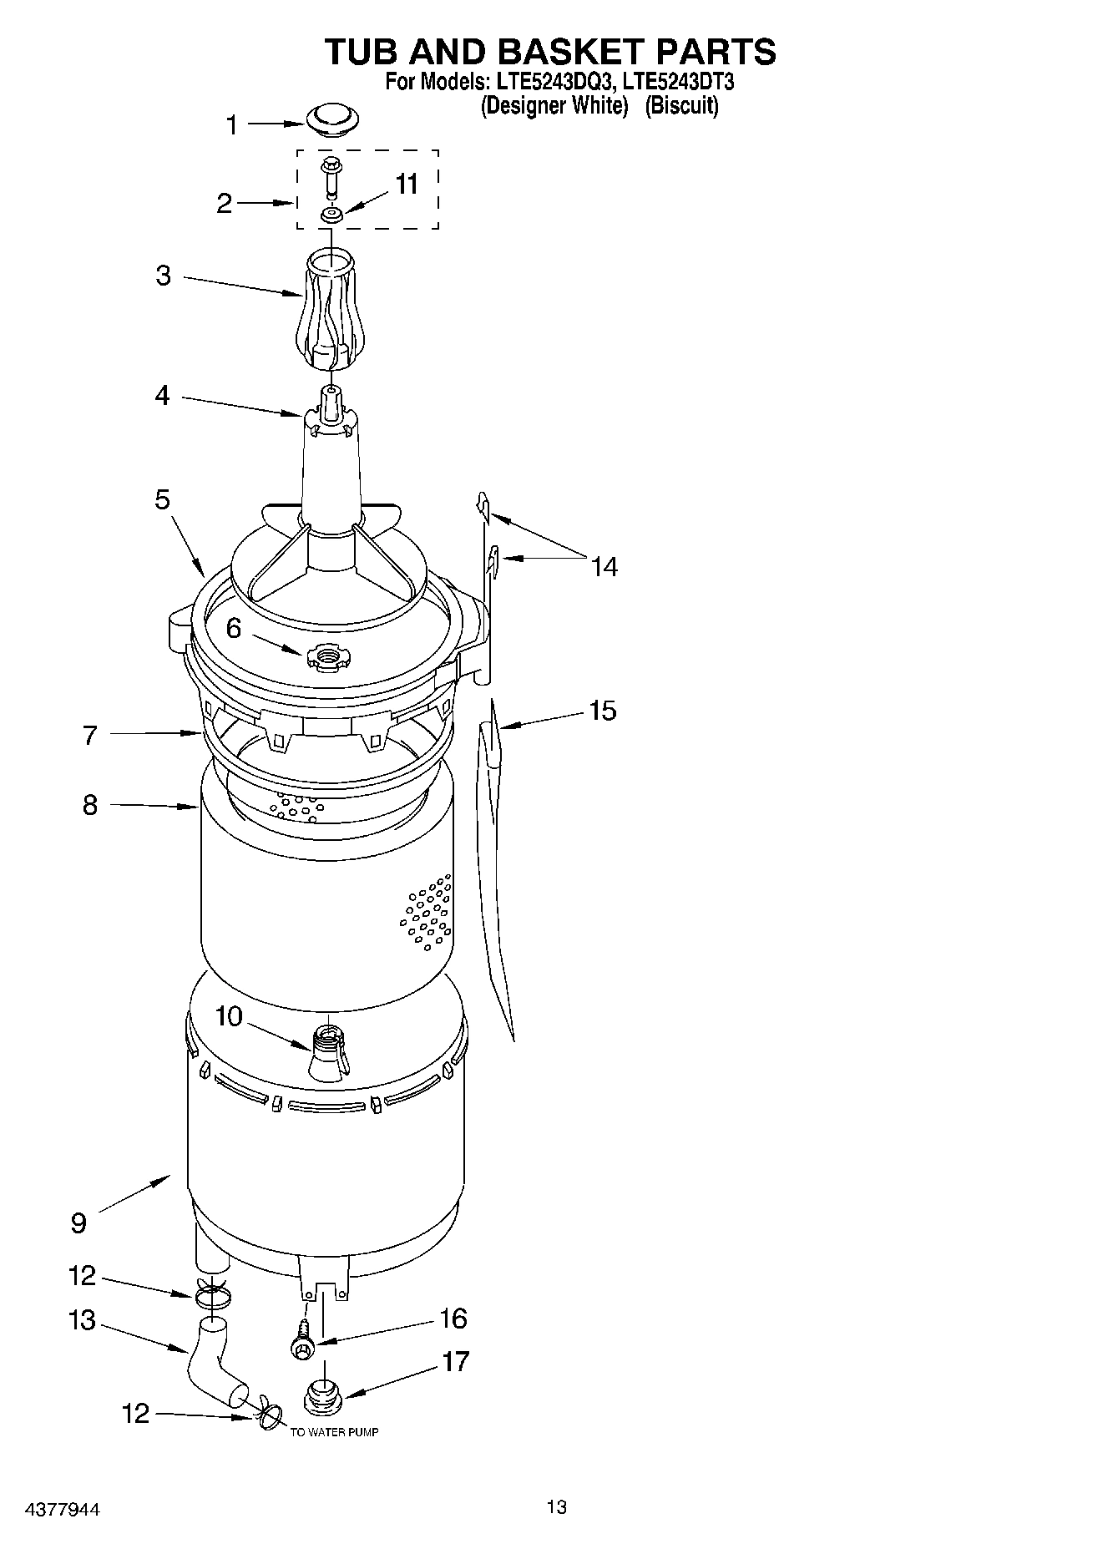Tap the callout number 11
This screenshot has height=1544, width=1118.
[x=407, y=184]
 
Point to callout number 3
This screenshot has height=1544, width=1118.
[x=163, y=276]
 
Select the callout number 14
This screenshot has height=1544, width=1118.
[x=605, y=567]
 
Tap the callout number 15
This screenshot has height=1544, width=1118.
[x=603, y=711]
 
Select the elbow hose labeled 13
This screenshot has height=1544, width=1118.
[x=213, y=1369]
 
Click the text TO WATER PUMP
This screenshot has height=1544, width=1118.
[x=334, y=1432]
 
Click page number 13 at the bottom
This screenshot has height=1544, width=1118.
[x=557, y=1506]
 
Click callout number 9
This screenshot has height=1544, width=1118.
[x=78, y=1223]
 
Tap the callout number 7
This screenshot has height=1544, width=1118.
[x=90, y=735]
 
